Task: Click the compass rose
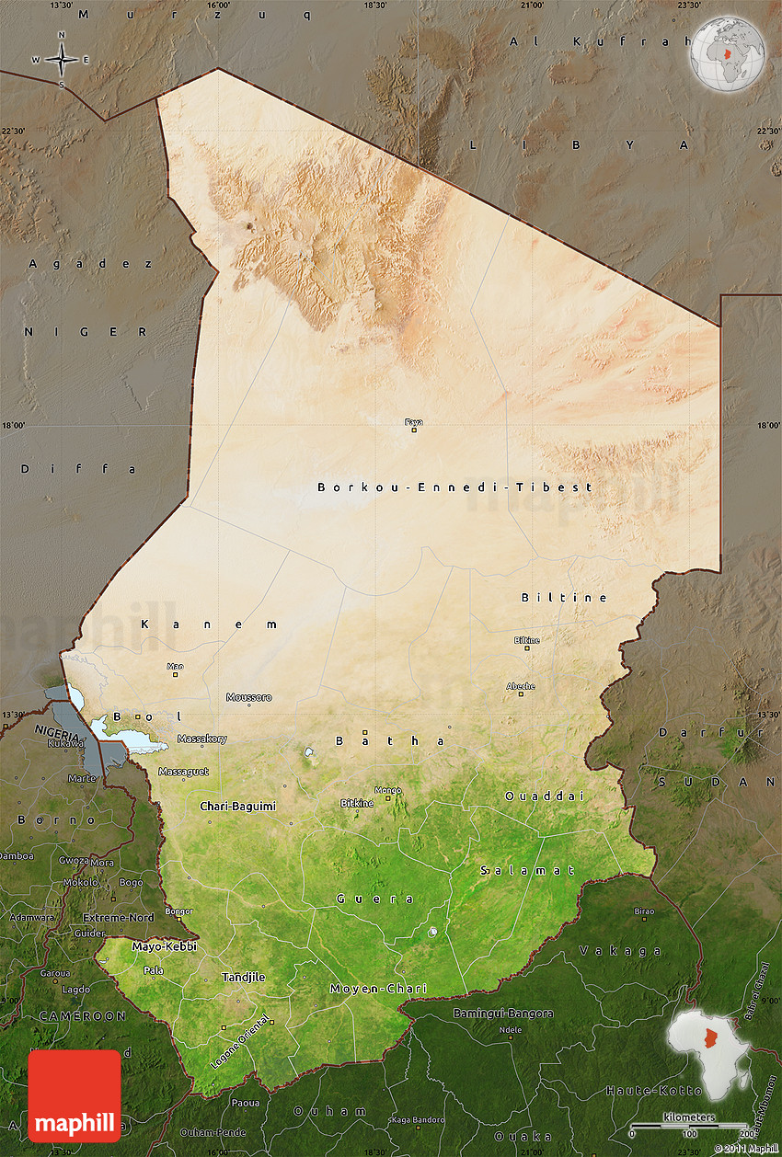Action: [62, 60]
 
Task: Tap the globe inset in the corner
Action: [728, 53]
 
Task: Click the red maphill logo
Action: [74, 1095]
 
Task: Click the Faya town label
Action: [414, 422]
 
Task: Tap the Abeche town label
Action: [520, 686]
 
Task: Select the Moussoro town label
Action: [249, 697]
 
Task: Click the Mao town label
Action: [175, 666]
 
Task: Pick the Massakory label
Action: [201, 739]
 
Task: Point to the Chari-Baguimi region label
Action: [237, 806]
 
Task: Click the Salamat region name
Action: [527, 870]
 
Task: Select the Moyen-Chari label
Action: [378, 989]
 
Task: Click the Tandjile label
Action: [244, 977]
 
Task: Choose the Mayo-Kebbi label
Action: [164, 945]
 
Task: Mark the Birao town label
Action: [644, 911]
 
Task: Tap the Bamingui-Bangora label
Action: [503, 1013]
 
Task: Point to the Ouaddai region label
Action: [544, 796]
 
